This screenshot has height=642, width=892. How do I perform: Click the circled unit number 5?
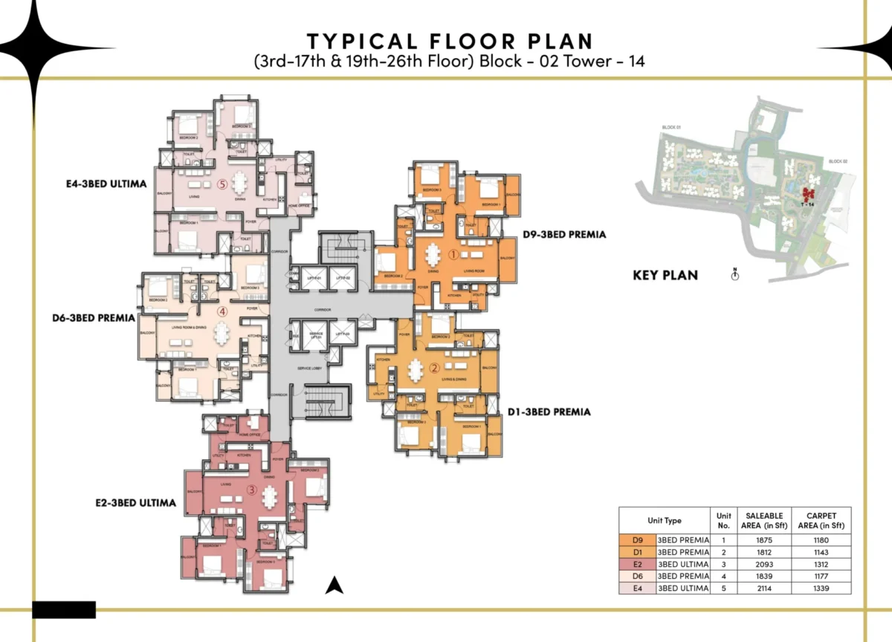click(221, 185)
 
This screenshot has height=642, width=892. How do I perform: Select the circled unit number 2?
click(435, 368)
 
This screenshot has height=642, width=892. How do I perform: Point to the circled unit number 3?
click(252, 490)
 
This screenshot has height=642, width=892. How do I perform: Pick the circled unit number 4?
click(221, 313)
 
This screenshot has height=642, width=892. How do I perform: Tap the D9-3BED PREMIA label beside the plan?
click(563, 234)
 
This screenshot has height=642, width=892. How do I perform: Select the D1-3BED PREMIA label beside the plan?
click(549, 412)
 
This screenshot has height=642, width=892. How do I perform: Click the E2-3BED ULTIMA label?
click(136, 503)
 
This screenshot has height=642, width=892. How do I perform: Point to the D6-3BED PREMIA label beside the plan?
click(93, 318)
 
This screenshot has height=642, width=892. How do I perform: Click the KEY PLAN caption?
click(665, 275)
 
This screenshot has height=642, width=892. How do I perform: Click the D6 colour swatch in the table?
click(637, 576)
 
